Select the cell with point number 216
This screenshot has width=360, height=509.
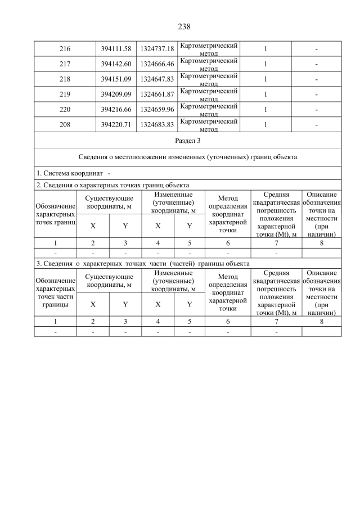65,49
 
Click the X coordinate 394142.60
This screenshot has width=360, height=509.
115,64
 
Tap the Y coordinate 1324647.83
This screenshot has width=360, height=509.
157,79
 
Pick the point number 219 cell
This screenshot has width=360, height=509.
65,94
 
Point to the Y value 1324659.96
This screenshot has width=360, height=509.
157,110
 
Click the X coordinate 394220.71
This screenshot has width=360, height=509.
115,125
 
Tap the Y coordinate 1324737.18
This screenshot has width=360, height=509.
157,49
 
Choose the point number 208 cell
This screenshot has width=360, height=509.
65,125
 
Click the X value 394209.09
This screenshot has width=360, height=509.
115,94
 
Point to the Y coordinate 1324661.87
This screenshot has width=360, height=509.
157,94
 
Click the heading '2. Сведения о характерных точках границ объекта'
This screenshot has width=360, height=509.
112,185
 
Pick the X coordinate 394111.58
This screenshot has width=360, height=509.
115,49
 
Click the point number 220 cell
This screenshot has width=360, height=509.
65,110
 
